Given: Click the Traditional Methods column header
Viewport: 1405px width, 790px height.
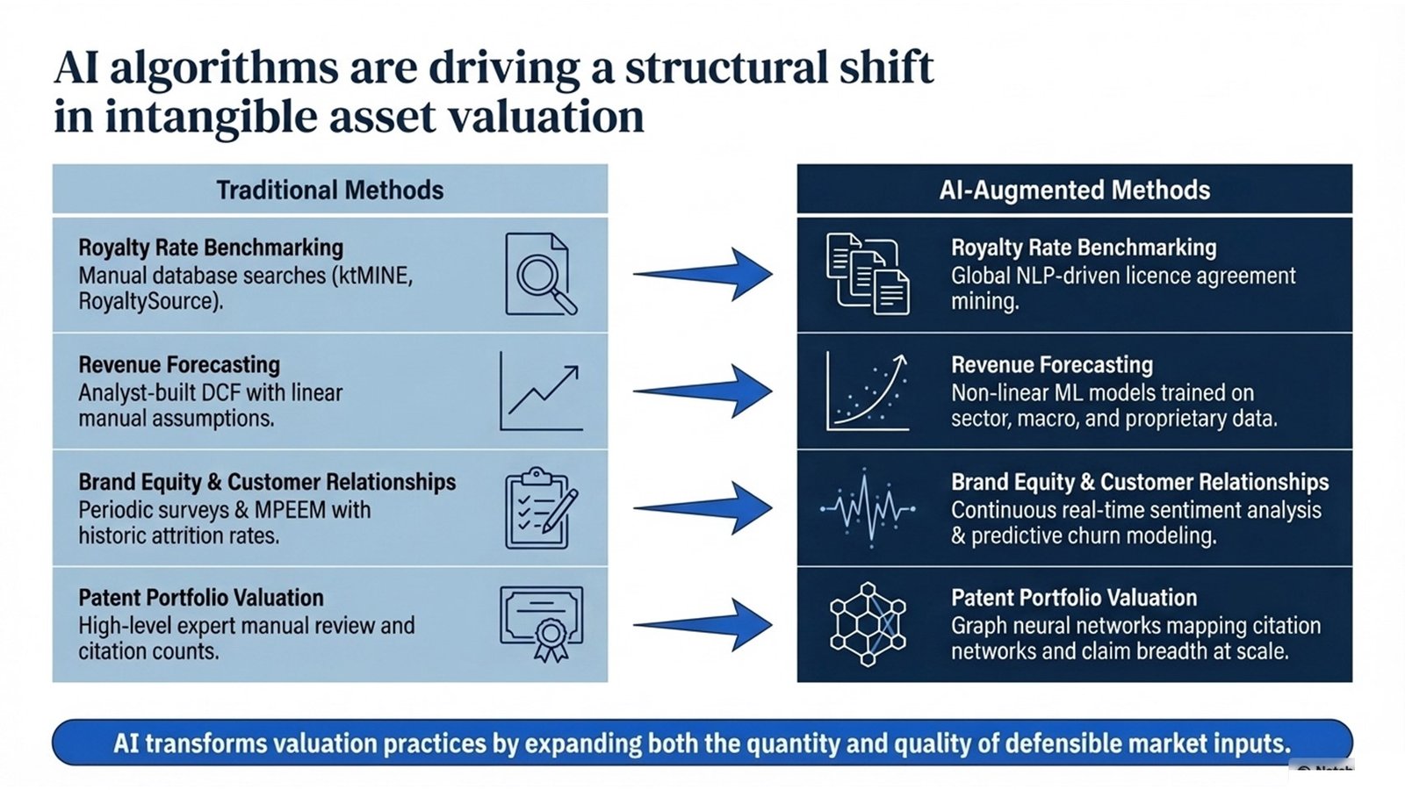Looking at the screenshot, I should pos(330,190).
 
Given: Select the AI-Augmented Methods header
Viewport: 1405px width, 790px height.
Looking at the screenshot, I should pos(1074,190).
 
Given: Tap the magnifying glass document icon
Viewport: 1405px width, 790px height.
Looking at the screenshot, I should pos(540,274).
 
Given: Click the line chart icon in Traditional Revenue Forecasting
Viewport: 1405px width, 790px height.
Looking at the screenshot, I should pos(541,391).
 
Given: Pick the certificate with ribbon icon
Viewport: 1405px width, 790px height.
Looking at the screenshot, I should pos(541,623).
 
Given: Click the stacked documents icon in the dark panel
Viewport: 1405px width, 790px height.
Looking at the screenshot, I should pos(868,274).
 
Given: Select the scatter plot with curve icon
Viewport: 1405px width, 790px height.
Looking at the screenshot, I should pos(868,391).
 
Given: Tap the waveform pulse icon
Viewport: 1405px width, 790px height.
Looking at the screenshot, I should pos(868,507).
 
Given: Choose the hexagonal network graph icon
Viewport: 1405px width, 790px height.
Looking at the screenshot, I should pos(868,624).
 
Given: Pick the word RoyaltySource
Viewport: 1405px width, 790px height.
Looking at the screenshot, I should pos(147,301).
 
